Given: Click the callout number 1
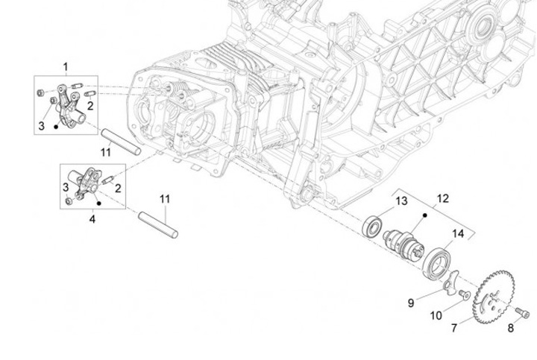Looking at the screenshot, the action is tap(66, 67).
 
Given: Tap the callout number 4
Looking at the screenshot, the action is tap(92, 219).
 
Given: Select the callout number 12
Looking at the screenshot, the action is tap(442, 198).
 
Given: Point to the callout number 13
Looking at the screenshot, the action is tap(401, 200).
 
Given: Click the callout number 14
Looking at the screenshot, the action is tap(458, 234).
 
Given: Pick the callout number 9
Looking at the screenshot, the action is tap(411, 303).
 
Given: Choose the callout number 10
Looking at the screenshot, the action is tap(436, 316).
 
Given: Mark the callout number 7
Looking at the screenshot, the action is tap(454, 328).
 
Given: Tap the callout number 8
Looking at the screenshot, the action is tap(511, 328).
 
